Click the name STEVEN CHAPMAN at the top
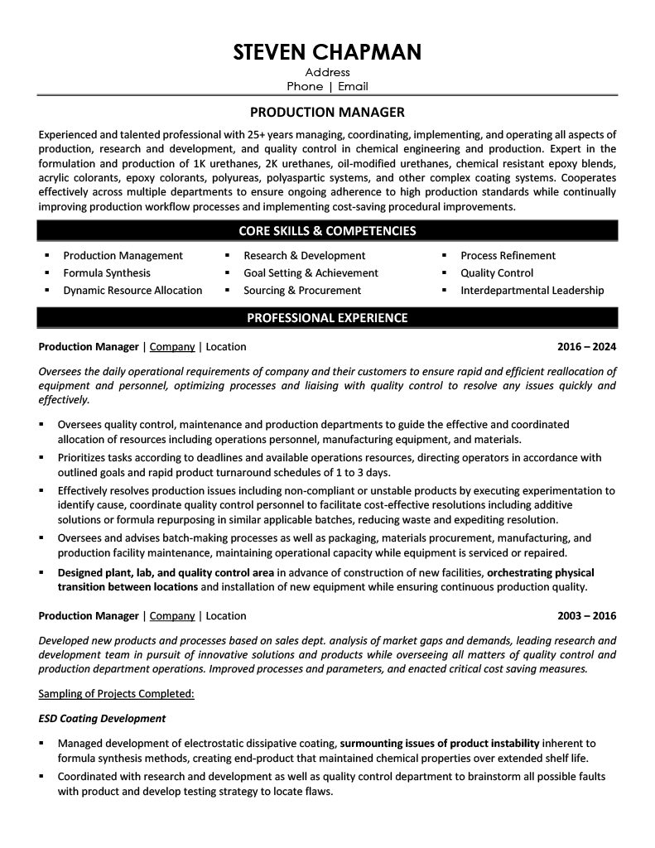click(327, 52)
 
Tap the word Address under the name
click(327, 73)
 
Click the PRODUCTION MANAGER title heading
click(327, 112)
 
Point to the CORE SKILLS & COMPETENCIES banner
click(327, 231)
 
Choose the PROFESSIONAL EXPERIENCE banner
click(327, 318)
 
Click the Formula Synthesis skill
click(107, 273)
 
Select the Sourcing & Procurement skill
click(301, 291)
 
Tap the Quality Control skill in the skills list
click(497, 273)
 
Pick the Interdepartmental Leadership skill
click(532, 291)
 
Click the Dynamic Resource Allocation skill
click(132, 291)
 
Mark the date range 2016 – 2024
click(586, 347)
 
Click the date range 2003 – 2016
click(586, 616)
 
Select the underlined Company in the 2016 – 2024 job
click(172, 347)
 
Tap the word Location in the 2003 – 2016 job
click(226, 616)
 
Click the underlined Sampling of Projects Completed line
click(117, 693)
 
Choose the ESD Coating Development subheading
click(102, 719)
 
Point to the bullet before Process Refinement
click(444, 256)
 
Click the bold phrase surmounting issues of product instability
click(440, 744)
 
